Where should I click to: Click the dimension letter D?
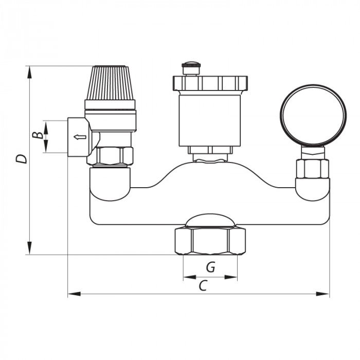click(22, 159)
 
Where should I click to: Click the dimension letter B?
click(38, 135)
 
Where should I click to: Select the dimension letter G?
click(210, 267)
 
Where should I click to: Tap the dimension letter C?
click(203, 285)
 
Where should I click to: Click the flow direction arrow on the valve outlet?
click(80, 137)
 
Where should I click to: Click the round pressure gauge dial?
click(313, 115)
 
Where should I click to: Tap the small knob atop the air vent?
click(191, 68)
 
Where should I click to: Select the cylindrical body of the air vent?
click(210, 120)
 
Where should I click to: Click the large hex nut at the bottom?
click(210, 241)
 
